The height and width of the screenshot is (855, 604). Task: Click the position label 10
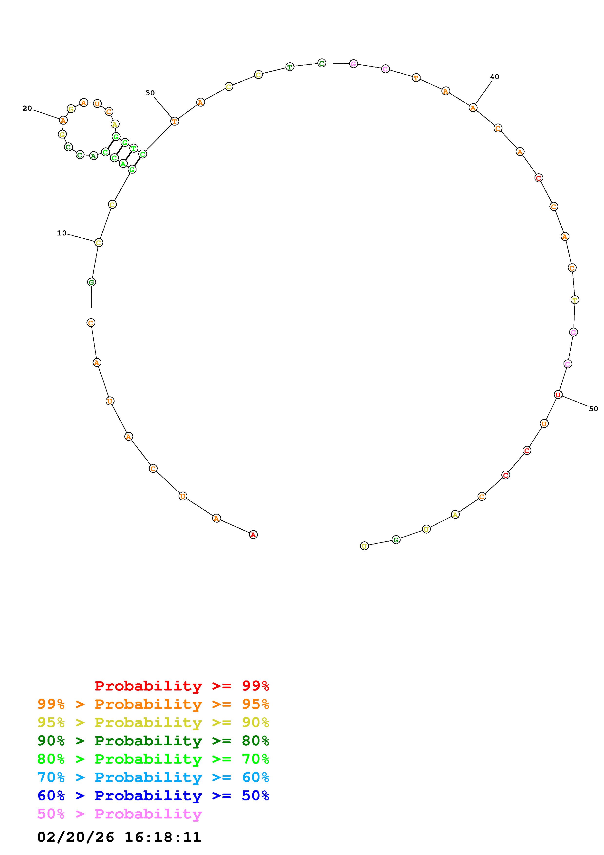[61, 233]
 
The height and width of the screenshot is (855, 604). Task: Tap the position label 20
[27, 108]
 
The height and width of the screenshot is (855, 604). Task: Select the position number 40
[495, 77]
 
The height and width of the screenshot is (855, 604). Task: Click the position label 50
[593, 409]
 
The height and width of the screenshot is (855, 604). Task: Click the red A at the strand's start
[253, 535]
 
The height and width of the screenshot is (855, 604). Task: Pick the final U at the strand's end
[364, 546]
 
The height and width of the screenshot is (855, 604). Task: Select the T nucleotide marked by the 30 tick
[174, 121]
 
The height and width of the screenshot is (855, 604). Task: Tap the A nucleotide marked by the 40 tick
[473, 108]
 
